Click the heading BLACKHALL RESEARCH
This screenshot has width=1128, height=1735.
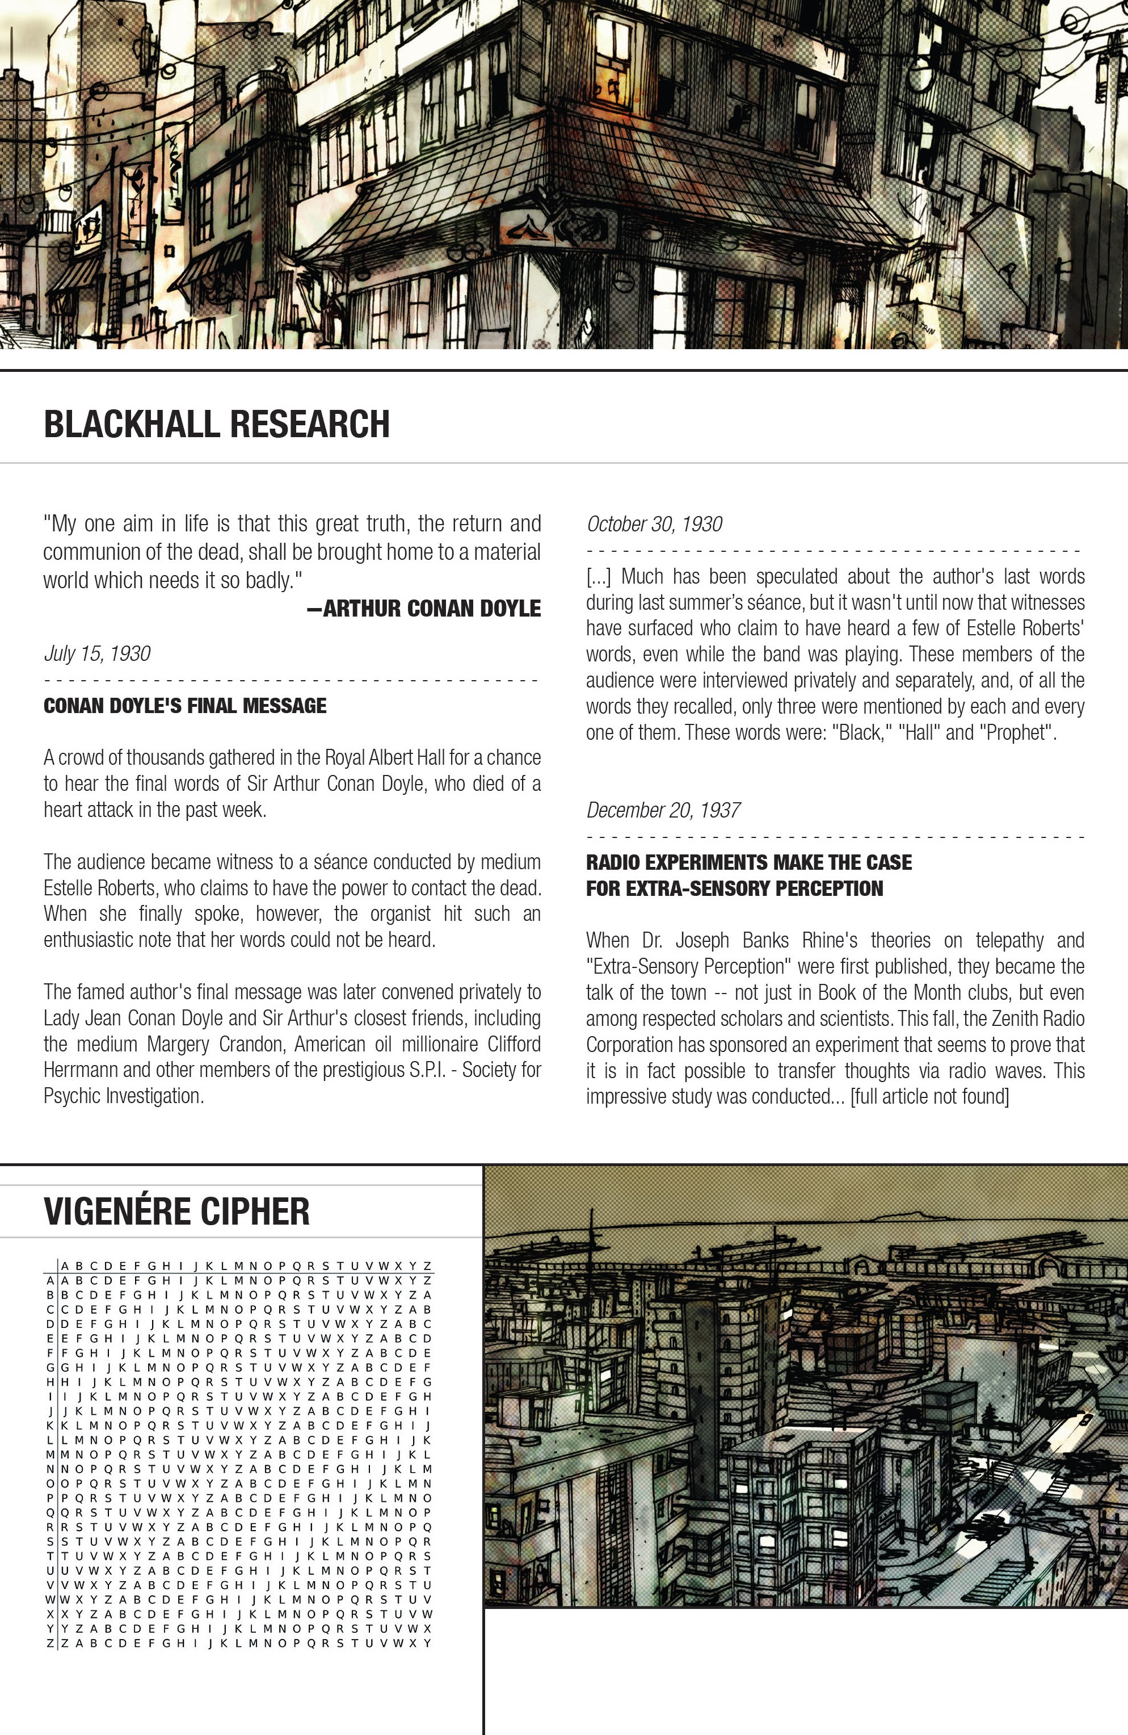click(216, 424)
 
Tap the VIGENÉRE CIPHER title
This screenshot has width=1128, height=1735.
click(176, 1212)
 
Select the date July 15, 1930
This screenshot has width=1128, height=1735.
click(97, 653)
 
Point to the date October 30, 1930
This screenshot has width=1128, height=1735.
click(654, 524)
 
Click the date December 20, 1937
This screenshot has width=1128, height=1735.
click(663, 810)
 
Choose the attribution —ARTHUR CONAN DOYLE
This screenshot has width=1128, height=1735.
click(424, 608)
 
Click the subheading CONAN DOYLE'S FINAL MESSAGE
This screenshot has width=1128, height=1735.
click(185, 706)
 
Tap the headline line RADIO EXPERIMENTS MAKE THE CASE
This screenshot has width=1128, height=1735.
click(748, 862)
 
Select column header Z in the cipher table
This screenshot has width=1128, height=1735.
click(428, 1266)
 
